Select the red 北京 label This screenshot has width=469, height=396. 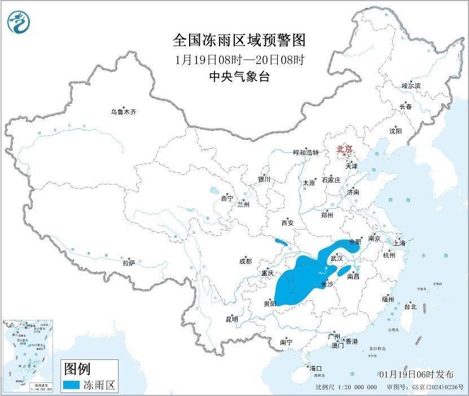click(x=344, y=149)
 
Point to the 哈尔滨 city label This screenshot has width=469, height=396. click(x=411, y=86)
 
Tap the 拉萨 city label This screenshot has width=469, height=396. click(x=129, y=262)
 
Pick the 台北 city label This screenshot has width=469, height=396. click(x=410, y=307)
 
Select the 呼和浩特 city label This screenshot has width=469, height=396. click(x=306, y=152)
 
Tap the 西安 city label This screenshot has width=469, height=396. click(x=287, y=223)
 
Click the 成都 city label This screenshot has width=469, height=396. click(x=246, y=261)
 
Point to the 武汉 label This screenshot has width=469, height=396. click(x=336, y=258)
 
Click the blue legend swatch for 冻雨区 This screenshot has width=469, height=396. click(x=71, y=385)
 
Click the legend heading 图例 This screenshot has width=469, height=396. click(x=76, y=369)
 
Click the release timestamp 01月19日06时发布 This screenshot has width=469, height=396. click(x=416, y=375)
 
